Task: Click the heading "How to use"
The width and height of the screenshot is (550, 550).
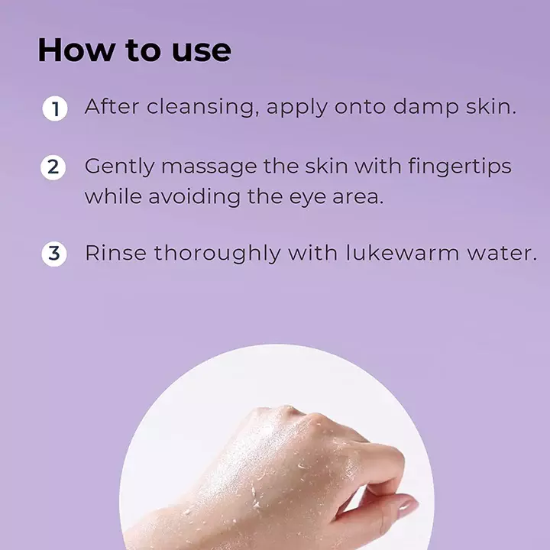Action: click(134, 50)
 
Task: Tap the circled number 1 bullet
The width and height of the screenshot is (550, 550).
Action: click(55, 108)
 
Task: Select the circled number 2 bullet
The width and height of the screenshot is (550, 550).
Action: click(53, 167)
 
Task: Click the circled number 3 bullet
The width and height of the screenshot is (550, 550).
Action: click(54, 254)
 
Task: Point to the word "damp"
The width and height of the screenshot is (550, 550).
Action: click(425, 107)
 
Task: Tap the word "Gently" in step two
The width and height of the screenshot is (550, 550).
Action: click(119, 167)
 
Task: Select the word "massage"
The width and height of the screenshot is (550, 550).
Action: click(209, 167)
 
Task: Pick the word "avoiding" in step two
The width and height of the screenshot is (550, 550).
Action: click(194, 196)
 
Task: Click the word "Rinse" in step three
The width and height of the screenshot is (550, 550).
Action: click(116, 253)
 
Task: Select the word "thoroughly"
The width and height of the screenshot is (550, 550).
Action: click(218, 254)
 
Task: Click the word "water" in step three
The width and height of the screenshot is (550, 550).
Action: click(498, 253)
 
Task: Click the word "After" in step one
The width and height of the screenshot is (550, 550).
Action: click(112, 106)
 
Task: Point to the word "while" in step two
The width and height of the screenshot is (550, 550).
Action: click(113, 196)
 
